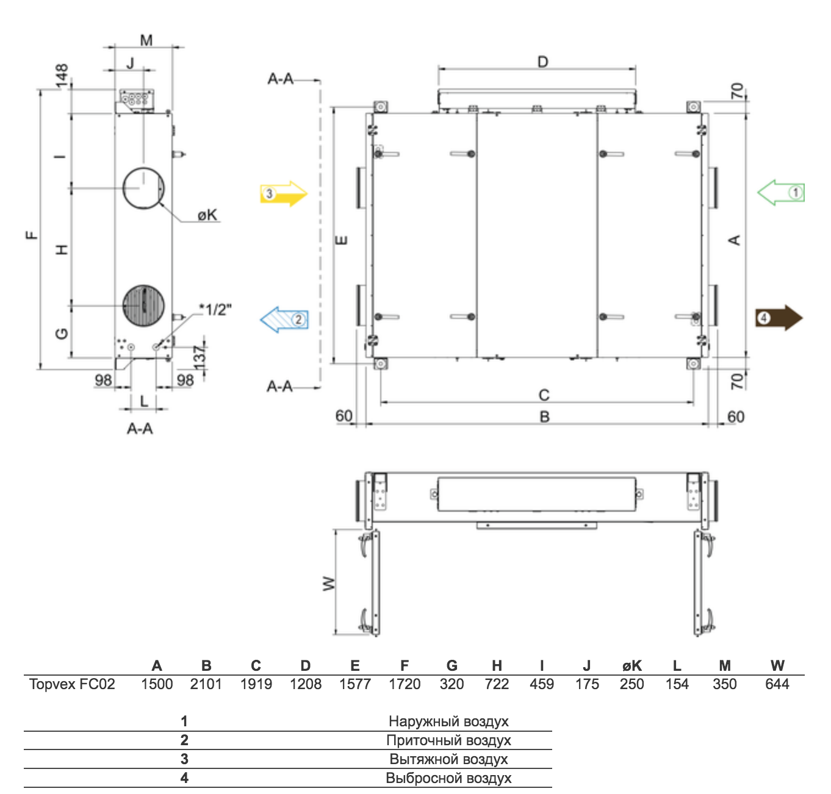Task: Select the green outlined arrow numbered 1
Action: coord(781,193)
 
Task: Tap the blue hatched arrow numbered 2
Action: coord(284,320)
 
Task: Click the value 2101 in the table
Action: coord(206,684)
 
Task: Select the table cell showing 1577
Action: coord(354,684)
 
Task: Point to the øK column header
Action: coord(631,666)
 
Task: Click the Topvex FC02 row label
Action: coord(72,684)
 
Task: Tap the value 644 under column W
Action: coord(777,684)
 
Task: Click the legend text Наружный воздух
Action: coord(448,721)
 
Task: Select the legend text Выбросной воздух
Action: coord(448,778)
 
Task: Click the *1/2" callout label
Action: coord(215,310)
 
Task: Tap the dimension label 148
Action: coord(62,76)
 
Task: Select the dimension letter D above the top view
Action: coord(542,62)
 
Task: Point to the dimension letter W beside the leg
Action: coord(329,584)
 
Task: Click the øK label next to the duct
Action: coord(207,215)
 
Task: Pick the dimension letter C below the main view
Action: coord(544,395)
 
